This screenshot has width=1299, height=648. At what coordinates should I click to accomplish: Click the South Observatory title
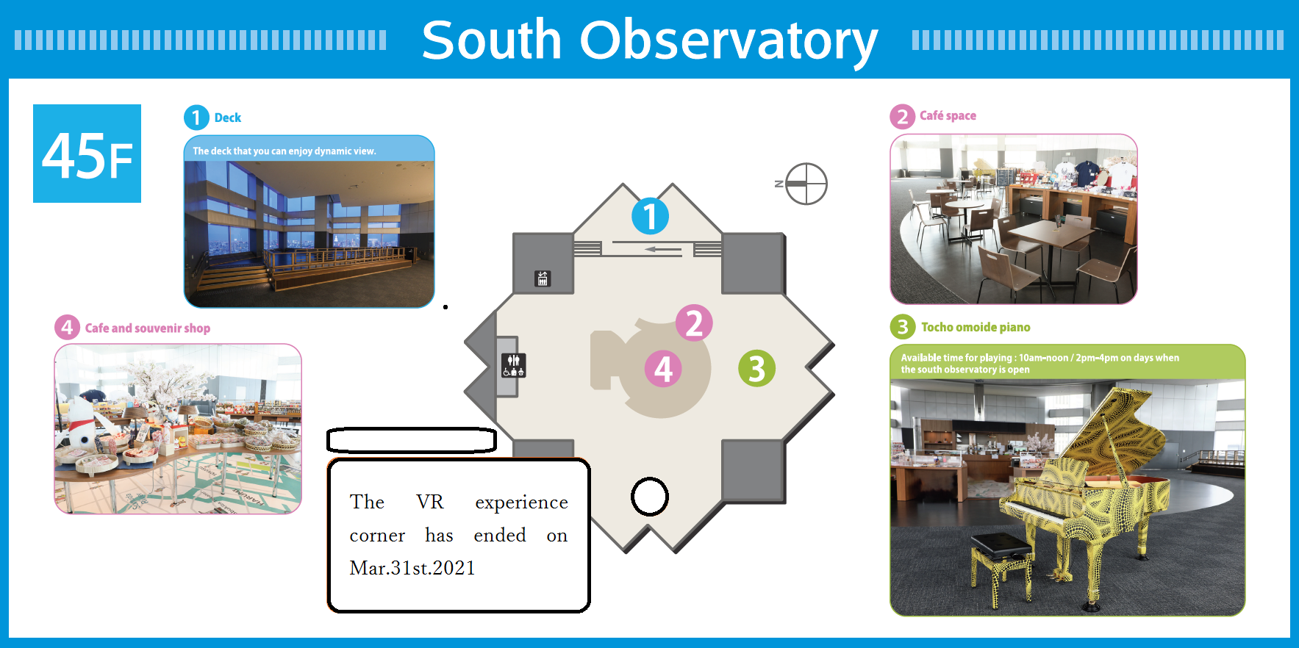coord(650,40)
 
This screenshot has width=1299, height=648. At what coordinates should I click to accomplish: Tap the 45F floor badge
coord(87,154)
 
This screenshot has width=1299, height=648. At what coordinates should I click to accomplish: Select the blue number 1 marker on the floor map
coord(651,216)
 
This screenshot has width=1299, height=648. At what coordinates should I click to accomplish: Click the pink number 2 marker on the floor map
coord(694,323)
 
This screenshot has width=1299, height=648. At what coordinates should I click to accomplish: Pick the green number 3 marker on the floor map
coord(756,369)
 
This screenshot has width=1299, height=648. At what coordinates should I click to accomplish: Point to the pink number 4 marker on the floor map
coord(663,369)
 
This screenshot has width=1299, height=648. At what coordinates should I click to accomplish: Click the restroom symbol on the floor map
coord(513,365)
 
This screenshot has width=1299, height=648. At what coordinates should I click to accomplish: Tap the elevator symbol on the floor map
coord(543,278)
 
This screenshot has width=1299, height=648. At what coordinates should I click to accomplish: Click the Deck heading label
coord(228,118)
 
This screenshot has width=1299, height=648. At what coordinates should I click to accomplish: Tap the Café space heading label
coord(948,115)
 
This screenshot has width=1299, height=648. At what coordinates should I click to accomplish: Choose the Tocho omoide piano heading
coord(976,327)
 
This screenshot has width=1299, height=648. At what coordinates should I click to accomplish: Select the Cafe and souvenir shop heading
coord(148,328)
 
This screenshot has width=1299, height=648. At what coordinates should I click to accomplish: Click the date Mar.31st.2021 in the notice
coord(412,568)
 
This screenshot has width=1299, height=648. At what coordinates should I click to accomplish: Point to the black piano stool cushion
coord(1001,545)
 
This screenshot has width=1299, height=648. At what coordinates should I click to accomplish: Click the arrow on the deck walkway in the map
coord(663,250)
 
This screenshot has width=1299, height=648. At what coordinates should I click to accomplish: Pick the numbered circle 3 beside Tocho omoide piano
coord(903,327)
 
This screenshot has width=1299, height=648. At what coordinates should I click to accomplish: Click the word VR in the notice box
coord(430,502)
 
